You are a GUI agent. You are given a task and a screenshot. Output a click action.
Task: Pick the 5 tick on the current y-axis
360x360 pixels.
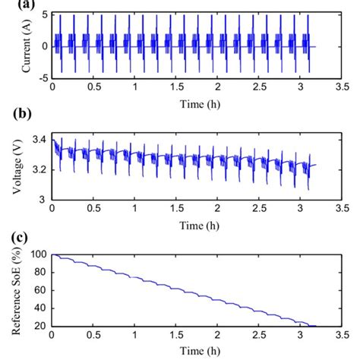[46, 15]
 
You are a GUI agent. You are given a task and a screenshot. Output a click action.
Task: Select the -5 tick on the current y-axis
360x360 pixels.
[43, 77]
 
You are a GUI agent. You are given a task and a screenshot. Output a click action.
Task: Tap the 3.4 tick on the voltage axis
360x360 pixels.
[40, 139]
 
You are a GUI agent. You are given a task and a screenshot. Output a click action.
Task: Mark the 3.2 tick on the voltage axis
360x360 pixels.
[40, 169]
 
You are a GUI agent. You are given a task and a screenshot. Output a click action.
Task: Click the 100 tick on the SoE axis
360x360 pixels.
[39, 254]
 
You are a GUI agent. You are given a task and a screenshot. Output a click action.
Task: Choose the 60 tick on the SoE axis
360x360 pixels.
[41, 290]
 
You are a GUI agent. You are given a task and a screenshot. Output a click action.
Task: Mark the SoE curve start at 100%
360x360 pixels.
[52, 255]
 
